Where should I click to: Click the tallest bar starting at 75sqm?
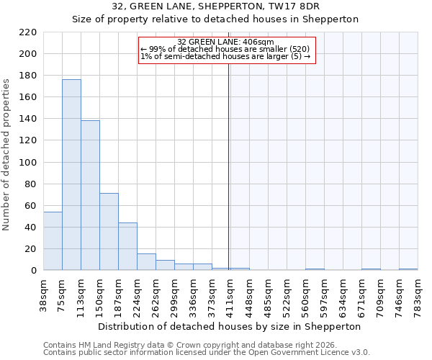(x=71, y=175)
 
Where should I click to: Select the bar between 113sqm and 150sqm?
(x=90, y=195)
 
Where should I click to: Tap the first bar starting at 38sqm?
(x=53, y=241)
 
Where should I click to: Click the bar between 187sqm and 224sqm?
(x=127, y=246)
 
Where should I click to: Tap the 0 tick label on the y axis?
(x=33, y=271)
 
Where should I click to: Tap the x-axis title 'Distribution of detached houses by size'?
(x=229, y=326)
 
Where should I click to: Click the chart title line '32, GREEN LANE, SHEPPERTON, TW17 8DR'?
(x=215, y=6)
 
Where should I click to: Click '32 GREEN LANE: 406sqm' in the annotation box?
(x=225, y=42)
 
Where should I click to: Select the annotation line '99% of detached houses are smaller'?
(x=225, y=49)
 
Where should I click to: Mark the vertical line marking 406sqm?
(x=229, y=180)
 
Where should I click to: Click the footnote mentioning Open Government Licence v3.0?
(x=207, y=352)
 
